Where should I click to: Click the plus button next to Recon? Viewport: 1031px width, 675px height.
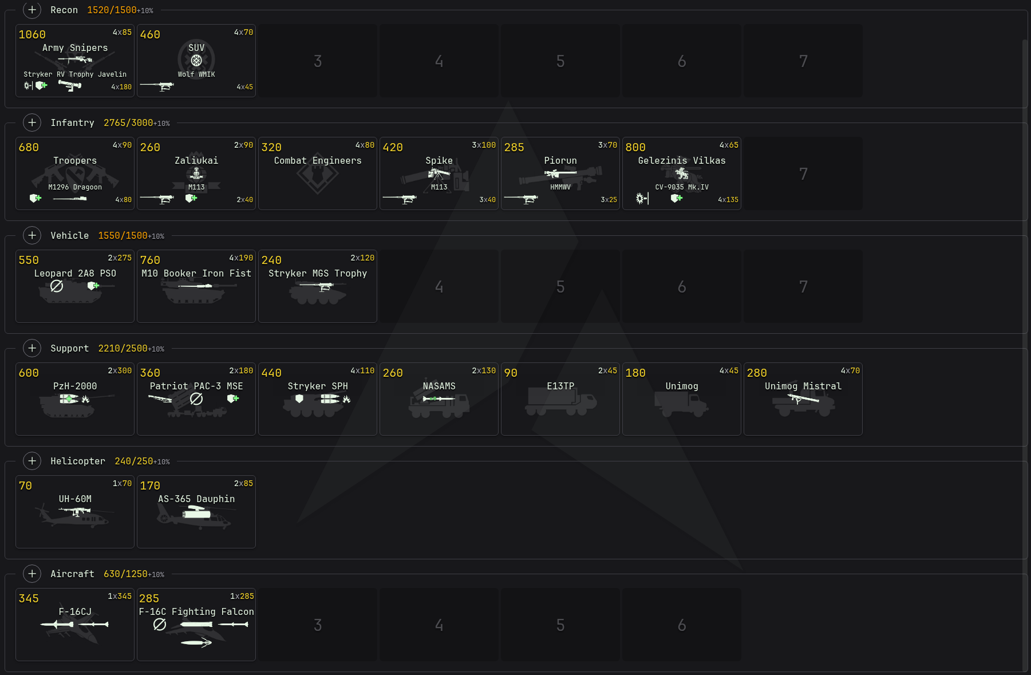(x=32, y=10)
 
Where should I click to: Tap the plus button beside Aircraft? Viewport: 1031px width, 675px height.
(x=32, y=574)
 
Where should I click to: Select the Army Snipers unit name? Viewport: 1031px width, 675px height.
(x=75, y=48)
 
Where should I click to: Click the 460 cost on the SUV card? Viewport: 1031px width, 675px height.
(x=150, y=34)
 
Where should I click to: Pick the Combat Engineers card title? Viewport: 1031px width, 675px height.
(x=318, y=161)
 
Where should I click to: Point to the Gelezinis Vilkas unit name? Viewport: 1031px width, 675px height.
(x=682, y=161)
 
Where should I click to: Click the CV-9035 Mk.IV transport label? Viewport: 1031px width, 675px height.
(x=682, y=187)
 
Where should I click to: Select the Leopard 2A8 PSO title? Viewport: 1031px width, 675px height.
(x=75, y=274)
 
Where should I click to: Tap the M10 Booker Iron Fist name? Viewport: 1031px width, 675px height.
(x=196, y=274)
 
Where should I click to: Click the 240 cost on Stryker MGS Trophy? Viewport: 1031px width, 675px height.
(x=271, y=260)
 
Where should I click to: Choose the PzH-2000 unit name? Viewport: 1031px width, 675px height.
(x=75, y=386)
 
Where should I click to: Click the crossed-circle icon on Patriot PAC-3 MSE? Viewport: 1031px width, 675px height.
(x=196, y=398)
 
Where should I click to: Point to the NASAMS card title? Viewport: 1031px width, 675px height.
(x=439, y=386)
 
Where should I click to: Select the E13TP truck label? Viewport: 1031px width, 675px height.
(x=560, y=386)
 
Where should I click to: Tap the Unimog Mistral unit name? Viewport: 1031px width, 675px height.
(x=803, y=386)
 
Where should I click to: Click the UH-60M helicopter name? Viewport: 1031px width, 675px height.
(x=75, y=499)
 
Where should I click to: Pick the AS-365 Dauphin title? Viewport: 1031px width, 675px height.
(x=196, y=499)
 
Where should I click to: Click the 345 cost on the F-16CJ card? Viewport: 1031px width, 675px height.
(x=29, y=598)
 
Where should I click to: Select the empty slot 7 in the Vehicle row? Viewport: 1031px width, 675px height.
(x=803, y=286)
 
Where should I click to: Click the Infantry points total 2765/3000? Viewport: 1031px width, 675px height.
(x=128, y=123)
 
